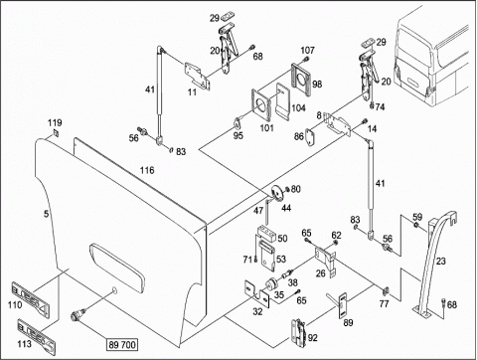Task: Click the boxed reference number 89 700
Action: (122, 345)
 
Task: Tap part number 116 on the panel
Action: (147, 170)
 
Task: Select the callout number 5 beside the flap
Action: (47, 214)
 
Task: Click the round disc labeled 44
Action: (277, 194)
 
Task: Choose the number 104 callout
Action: (298, 108)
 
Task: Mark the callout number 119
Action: (55, 123)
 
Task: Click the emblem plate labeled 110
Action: (30, 298)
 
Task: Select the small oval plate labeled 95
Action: (238, 122)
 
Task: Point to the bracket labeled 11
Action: (198, 76)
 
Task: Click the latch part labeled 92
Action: (298, 332)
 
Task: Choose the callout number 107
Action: (307, 51)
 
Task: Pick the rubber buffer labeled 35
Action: (272, 284)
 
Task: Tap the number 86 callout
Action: (299, 136)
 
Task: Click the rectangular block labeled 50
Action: (267, 233)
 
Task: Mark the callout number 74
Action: (380, 107)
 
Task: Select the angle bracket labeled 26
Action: (325, 262)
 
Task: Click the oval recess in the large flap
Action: (117, 268)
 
